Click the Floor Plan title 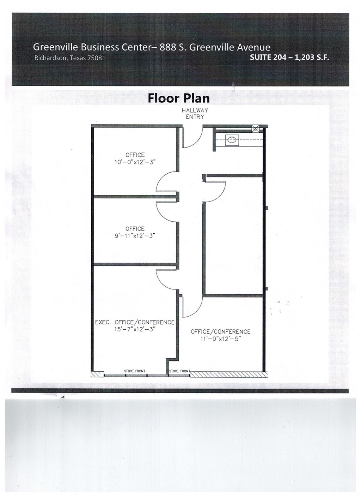click(x=179, y=98)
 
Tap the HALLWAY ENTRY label click(x=195, y=114)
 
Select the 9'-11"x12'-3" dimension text click(x=135, y=236)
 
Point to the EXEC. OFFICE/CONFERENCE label click(x=135, y=322)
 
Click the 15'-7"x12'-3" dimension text click(x=135, y=329)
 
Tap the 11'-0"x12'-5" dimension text click(x=221, y=339)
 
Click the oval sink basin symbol click(x=232, y=140)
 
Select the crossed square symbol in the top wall click(x=256, y=128)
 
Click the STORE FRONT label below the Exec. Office click(x=134, y=371)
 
